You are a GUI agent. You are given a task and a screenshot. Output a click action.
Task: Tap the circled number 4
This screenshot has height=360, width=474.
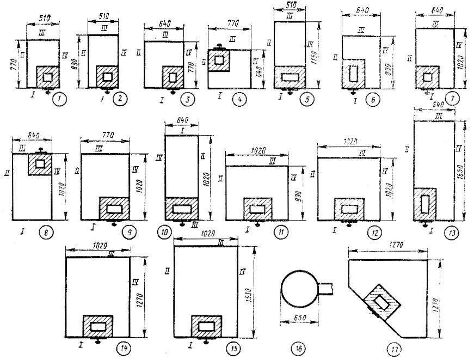point(237,100)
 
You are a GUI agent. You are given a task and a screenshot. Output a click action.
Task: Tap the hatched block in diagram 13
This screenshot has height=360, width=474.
point(424,203)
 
